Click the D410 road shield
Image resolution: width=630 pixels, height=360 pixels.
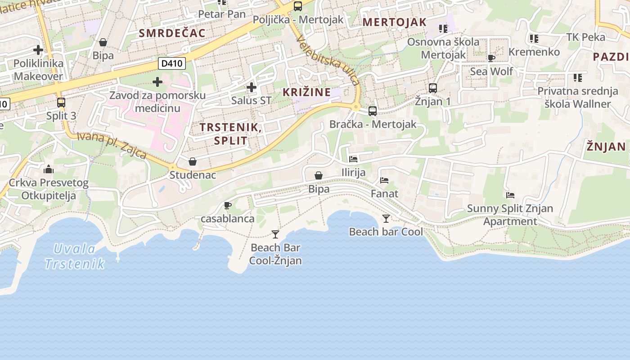click(x=172, y=63)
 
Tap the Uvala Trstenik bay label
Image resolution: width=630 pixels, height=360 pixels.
click(x=75, y=256)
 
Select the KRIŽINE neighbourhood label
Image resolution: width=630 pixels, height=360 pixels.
click(x=306, y=92)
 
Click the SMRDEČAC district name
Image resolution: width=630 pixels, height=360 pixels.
click(x=172, y=33)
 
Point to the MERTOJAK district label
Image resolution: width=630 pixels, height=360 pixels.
click(x=394, y=22)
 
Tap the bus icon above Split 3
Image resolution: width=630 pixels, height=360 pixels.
click(x=61, y=103)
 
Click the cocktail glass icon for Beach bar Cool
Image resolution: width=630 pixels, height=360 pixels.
click(x=386, y=219)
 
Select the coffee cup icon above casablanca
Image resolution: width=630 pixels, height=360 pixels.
click(x=228, y=206)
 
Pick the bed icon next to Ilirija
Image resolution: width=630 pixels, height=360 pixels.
click(x=353, y=159)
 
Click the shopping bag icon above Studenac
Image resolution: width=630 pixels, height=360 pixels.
click(x=193, y=162)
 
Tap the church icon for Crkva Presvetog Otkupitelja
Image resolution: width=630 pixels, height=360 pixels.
click(x=49, y=170)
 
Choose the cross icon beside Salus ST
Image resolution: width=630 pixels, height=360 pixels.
click(x=252, y=87)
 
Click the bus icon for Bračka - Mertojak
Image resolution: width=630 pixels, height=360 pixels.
click(x=373, y=111)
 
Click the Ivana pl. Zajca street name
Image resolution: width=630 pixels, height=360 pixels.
click(x=112, y=145)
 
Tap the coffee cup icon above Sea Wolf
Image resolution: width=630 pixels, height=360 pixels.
click(x=491, y=58)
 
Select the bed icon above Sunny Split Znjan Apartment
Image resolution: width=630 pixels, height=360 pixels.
click(x=510, y=195)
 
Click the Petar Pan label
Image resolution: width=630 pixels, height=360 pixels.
click(x=222, y=14)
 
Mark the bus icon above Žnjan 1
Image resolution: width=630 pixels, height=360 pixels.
click(x=433, y=88)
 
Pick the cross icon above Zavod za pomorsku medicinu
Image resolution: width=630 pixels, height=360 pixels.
click(x=157, y=82)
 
